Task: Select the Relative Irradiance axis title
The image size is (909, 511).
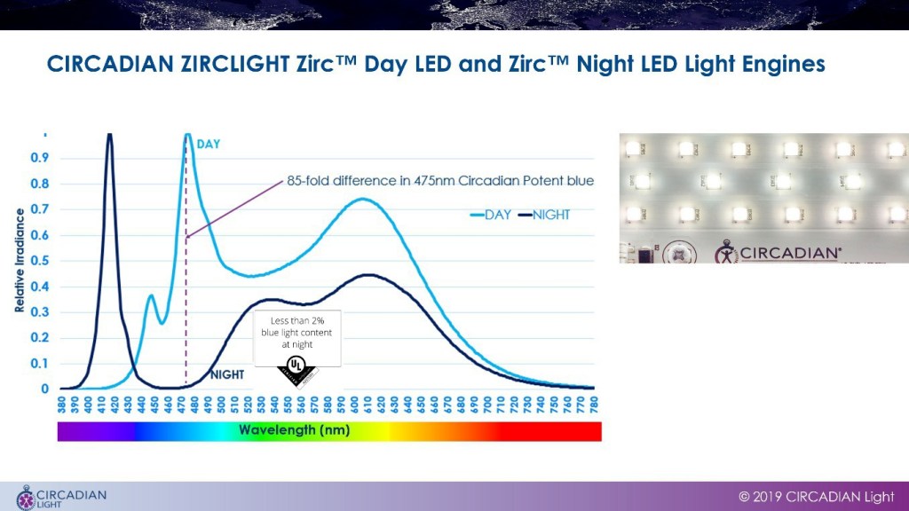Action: click(19, 261)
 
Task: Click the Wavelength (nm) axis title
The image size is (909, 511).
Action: click(294, 431)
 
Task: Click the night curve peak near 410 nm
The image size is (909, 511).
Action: click(109, 136)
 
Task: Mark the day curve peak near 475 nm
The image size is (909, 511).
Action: click(187, 136)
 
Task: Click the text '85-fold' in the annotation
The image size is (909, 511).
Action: click(308, 181)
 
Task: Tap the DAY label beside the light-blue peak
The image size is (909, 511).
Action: click(209, 144)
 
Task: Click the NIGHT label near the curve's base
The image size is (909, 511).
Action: click(226, 375)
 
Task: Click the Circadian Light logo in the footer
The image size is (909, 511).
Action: click(61, 497)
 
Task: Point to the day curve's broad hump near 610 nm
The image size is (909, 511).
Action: click(363, 199)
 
